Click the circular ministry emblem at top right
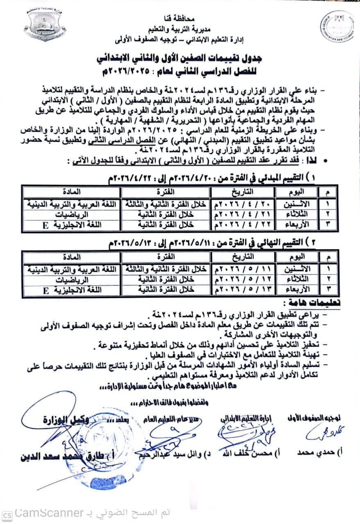pyautogui.click(x=336, y=31)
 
